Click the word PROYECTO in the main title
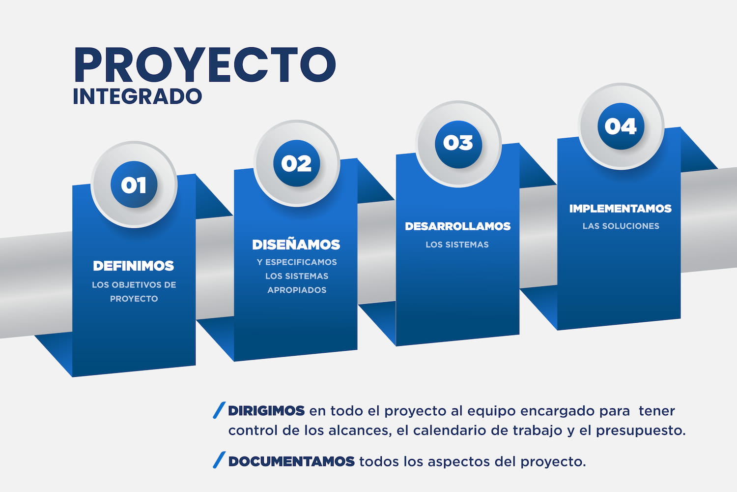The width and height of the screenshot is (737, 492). coord(205,65)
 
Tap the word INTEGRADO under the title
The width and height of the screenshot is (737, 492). coord(137,96)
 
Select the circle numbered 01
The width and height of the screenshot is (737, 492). coord(134,185)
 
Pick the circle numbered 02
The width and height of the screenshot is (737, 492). coord(296,163)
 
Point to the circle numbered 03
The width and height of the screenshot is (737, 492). coord(458,143)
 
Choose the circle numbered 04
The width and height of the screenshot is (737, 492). coord(621,126)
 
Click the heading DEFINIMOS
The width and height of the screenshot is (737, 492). coord(134,266)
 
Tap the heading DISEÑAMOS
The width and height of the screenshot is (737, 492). coord(296,245)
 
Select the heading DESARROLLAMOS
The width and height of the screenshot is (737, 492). coord(457,226)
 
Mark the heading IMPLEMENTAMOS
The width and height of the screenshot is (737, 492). coord(620,209)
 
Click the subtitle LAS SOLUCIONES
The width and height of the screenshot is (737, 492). coord(621,226)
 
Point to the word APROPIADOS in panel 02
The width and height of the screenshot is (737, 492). coord(297,290)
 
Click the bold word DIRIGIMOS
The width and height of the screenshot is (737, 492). coord(266,411)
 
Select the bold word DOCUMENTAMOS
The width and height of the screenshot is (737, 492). coord(291,461)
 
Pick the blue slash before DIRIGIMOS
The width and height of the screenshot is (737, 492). coord(219,410)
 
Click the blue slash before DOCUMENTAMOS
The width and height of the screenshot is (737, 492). coord(219,460)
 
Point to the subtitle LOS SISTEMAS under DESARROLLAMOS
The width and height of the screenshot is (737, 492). coord(457,245)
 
